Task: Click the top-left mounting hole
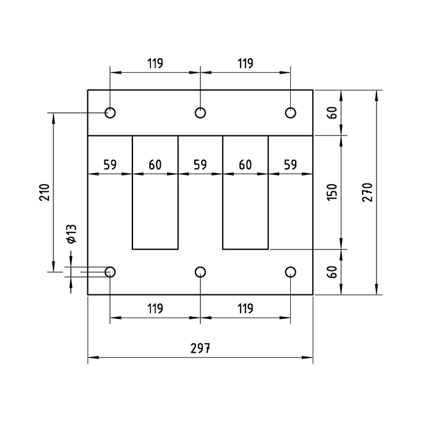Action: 110,112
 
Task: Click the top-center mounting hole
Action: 200,112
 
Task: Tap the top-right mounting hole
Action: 290,112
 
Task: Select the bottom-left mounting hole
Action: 110,271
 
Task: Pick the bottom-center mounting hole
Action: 200,271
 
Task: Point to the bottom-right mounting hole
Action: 290,271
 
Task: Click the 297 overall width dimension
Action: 200,349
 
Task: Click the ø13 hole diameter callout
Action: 71,234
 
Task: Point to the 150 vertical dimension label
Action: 332,192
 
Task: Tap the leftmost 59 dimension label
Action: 109,164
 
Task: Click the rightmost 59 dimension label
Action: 290,164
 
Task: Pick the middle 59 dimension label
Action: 200,164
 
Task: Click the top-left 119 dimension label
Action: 155,63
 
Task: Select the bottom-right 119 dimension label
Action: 245,308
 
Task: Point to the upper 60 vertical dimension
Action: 332,112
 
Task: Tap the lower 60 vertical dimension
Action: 332,271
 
